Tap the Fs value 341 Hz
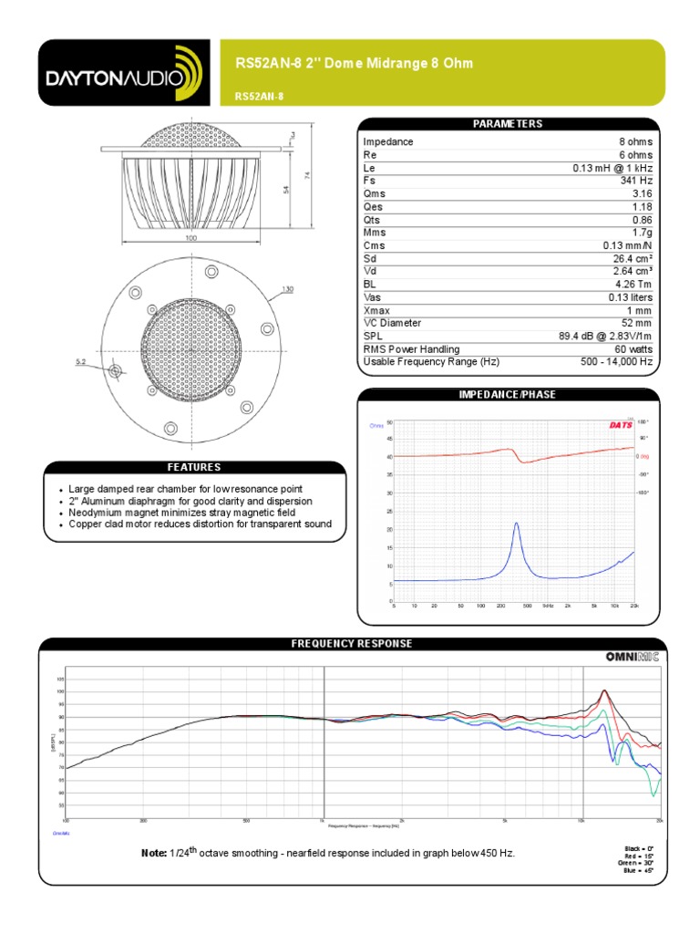(x=636, y=181)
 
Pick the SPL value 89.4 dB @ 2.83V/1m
(x=605, y=336)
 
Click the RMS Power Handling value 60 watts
(x=632, y=349)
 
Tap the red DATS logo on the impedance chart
(x=618, y=425)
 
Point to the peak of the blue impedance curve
(x=516, y=524)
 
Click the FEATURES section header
(x=192, y=467)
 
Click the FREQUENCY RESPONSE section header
(x=352, y=643)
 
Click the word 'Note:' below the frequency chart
(x=153, y=853)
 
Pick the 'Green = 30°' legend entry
(x=636, y=862)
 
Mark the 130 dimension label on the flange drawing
(x=288, y=290)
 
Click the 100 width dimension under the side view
(x=191, y=238)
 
